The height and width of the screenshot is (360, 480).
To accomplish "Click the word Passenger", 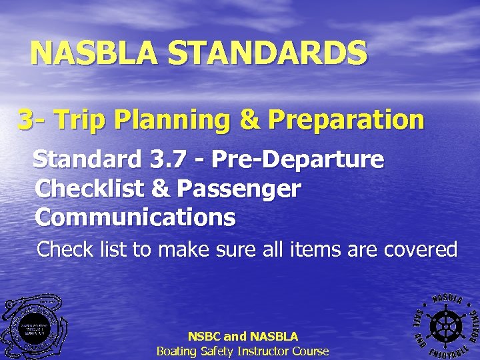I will tap(239, 189).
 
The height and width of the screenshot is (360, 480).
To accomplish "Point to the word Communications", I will tap(135, 217).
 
